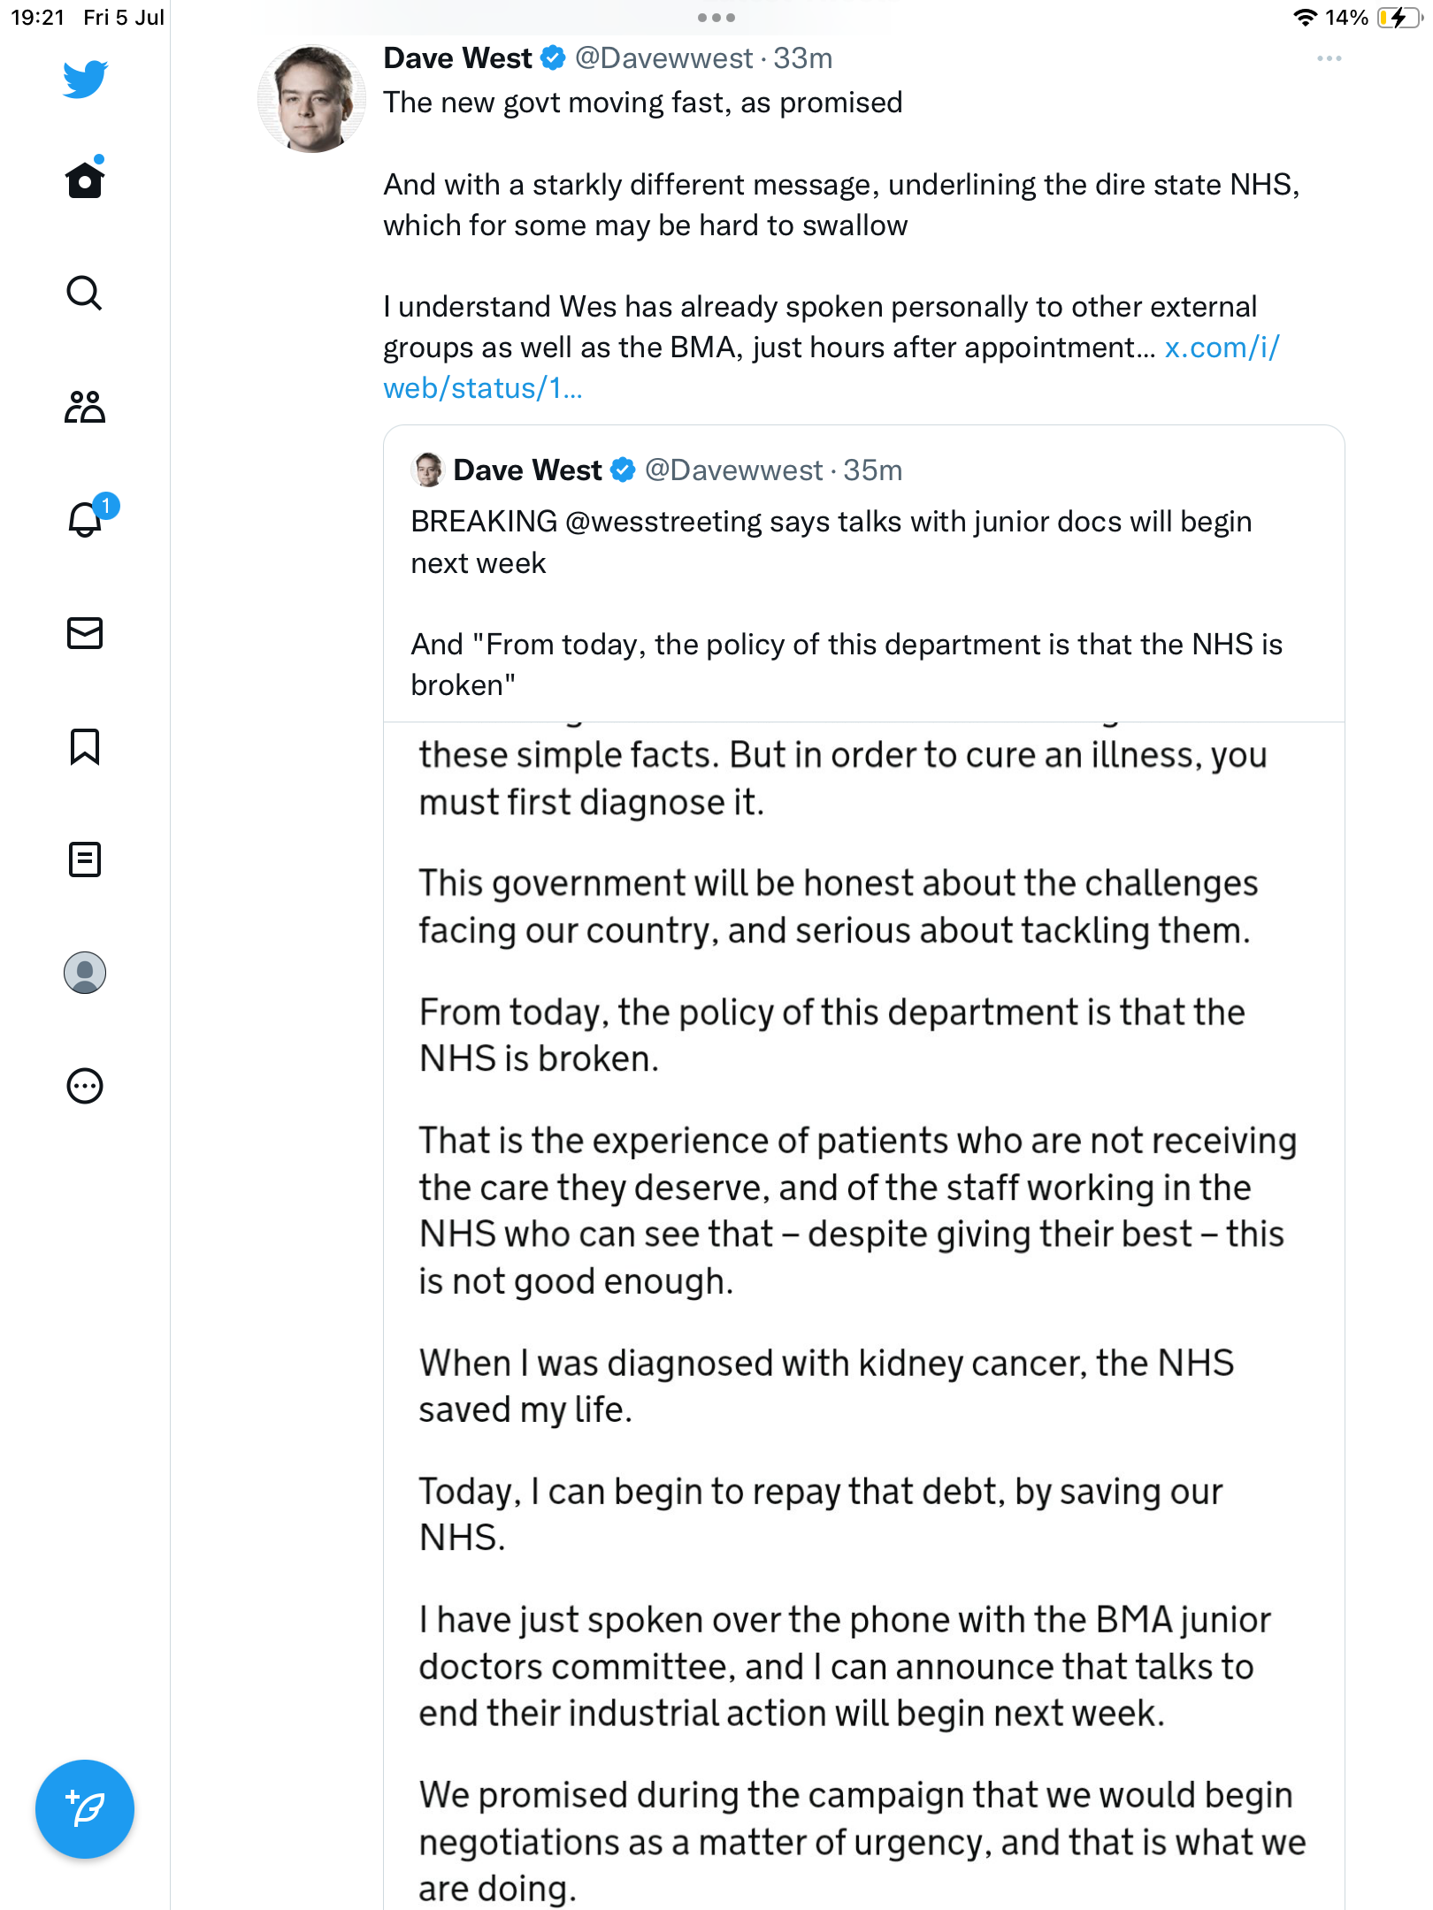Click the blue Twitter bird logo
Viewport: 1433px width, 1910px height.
coord(85,79)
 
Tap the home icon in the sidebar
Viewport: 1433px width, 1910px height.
coord(85,180)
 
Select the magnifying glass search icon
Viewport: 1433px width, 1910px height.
coord(85,293)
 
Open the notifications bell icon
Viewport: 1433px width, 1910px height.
coord(85,519)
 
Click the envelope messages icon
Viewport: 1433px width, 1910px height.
coord(85,633)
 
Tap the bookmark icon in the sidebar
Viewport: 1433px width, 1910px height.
coord(85,746)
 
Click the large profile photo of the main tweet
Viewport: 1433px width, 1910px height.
coord(311,99)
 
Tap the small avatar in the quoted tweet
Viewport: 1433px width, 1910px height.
coord(428,470)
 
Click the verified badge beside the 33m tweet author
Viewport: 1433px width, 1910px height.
coord(553,58)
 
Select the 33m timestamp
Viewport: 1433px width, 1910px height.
coord(803,58)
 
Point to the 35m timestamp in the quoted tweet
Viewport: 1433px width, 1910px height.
coord(872,470)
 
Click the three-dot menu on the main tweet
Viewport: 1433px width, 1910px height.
coord(1329,58)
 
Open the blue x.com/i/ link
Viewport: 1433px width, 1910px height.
coord(1221,348)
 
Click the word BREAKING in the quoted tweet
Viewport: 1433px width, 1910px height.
coord(484,522)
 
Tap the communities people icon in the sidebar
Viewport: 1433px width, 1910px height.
coord(85,407)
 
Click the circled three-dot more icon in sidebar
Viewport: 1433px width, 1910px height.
coord(85,1086)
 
